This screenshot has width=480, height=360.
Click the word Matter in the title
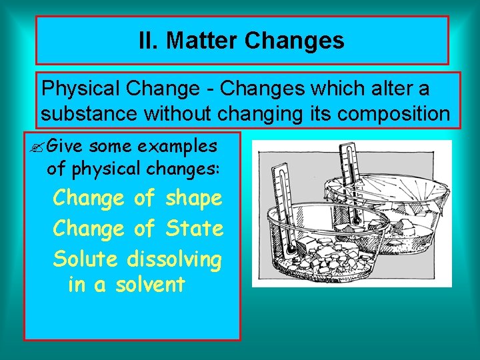click(x=202, y=41)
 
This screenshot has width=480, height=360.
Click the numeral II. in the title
click(x=149, y=41)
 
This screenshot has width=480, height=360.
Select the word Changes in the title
click(x=294, y=41)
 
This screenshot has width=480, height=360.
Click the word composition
click(x=393, y=113)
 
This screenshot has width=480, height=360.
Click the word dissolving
click(x=174, y=258)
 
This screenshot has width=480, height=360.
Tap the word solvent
click(x=150, y=285)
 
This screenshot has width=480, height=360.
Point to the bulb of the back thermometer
click(x=357, y=221)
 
